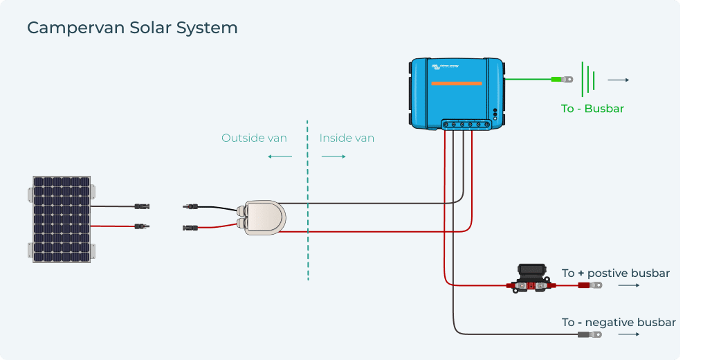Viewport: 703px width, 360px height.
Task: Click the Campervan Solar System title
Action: coord(132,28)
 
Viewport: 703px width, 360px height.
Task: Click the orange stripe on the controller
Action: coord(456,84)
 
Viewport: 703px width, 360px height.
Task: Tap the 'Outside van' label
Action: coord(254,138)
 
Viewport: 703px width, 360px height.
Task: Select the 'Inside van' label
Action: coord(347,138)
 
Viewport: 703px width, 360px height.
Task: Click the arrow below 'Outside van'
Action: coord(280,156)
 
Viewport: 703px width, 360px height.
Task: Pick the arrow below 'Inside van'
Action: coord(334,156)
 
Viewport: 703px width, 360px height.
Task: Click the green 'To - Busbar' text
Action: coord(593,109)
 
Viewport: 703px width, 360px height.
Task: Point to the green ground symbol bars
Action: coord(588,80)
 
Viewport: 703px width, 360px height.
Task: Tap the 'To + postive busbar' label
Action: coord(616,273)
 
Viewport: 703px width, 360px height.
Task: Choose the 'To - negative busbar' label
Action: coord(619,323)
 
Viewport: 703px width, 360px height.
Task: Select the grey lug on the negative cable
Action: coord(590,334)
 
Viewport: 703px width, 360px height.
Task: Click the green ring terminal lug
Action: coord(562,80)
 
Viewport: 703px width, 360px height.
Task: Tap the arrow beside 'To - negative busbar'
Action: coord(628,334)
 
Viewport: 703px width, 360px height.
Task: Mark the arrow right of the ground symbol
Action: coord(618,80)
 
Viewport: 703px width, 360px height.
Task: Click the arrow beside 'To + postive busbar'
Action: coord(628,285)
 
